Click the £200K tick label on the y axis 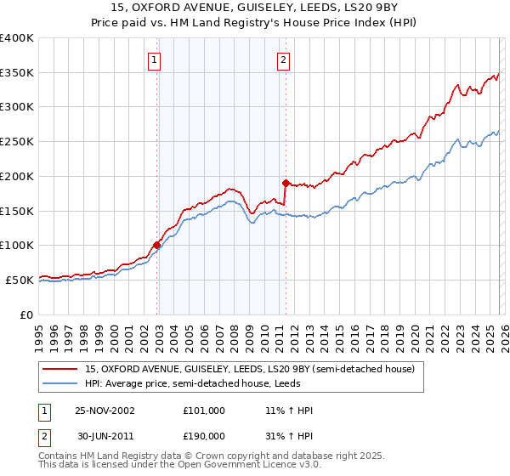16,176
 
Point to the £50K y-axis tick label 19,280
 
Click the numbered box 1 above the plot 154,59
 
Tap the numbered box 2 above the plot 282,59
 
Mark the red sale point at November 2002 157,245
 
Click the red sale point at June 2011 286,183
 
